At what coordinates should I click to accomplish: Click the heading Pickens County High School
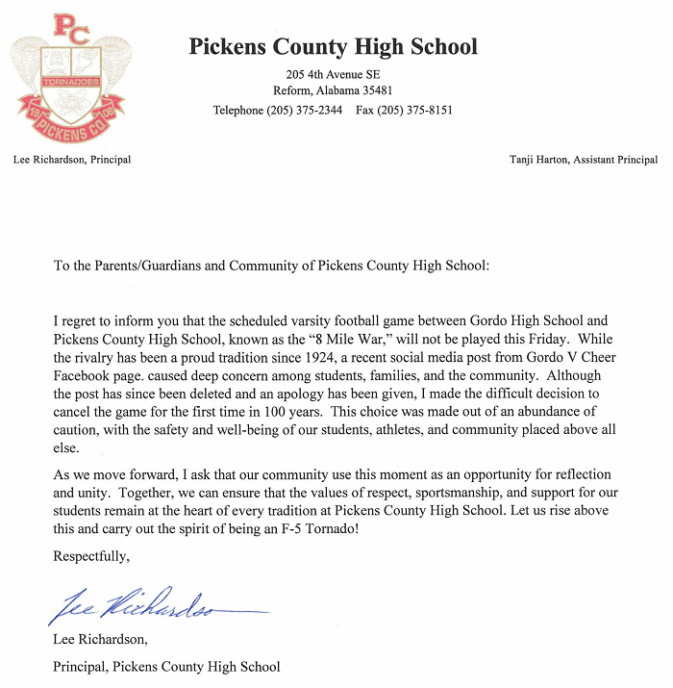coord(333,46)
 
